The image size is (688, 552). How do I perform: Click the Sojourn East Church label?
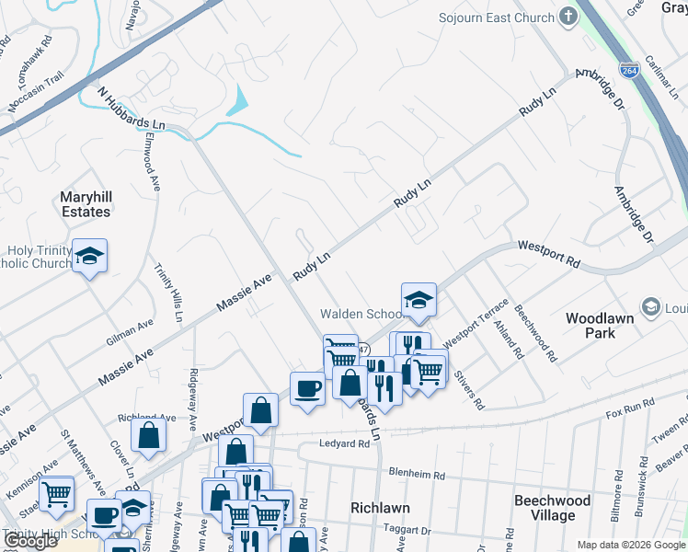496,17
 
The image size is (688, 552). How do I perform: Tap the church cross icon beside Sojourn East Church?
568,17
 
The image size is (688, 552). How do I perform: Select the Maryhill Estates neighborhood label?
85,204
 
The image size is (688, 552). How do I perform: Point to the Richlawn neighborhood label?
379,507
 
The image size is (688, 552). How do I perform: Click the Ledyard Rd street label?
345,443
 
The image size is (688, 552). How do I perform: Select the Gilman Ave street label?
130,332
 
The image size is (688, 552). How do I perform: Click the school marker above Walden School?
419,300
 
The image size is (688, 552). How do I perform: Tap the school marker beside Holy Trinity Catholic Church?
90,256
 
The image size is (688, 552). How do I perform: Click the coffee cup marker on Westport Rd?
307,387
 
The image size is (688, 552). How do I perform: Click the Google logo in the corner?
30,541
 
